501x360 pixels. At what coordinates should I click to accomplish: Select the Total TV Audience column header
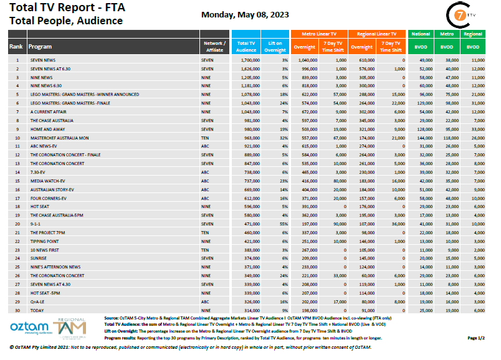(246, 46)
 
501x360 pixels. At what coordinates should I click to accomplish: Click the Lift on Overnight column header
(275, 46)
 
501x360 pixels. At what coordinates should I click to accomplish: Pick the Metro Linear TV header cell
(318, 34)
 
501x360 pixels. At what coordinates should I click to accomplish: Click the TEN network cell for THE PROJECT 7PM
(206, 232)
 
